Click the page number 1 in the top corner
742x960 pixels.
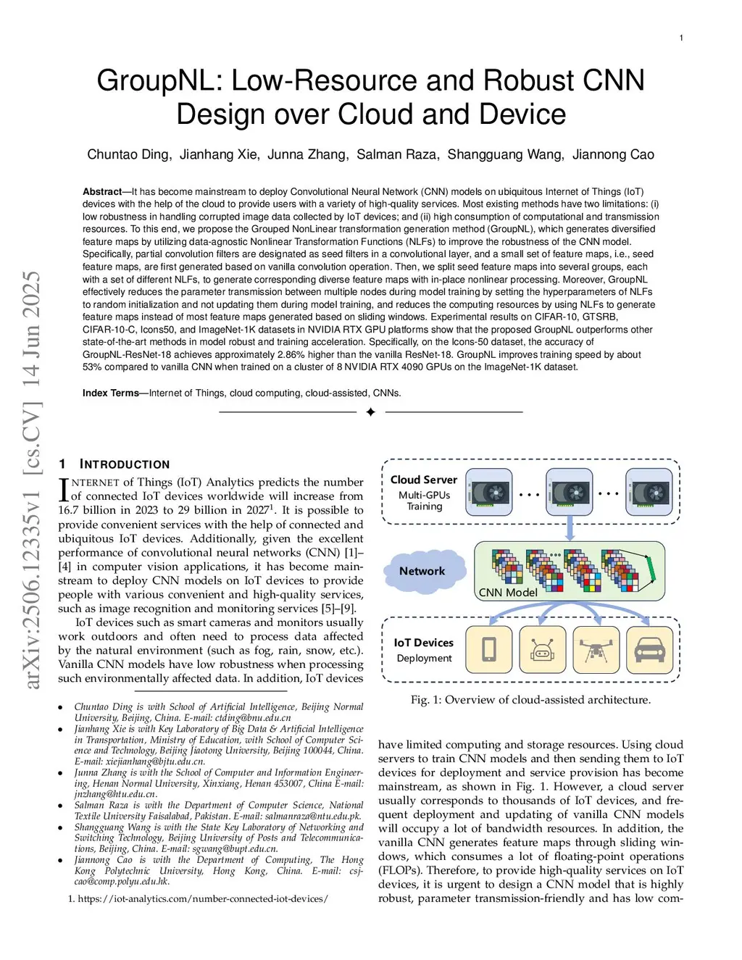click(x=680, y=38)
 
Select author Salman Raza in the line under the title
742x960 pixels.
click(x=396, y=154)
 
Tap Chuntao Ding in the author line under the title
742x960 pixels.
click(x=128, y=154)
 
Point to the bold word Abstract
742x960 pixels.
click(x=102, y=192)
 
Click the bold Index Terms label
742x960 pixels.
click(x=110, y=393)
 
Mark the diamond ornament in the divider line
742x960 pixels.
click(x=370, y=412)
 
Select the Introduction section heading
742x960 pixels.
click(x=125, y=464)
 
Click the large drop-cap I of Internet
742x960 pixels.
click(x=64, y=490)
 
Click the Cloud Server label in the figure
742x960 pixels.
click(x=424, y=480)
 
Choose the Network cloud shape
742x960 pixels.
click(x=422, y=571)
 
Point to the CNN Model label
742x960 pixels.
click(x=508, y=592)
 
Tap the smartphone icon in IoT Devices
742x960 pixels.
click(x=488, y=649)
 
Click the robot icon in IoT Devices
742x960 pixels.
click(x=543, y=649)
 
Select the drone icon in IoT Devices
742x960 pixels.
click(x=596, y=649)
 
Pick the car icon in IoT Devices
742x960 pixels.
click(x=649, y=649)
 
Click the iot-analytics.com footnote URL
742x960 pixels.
click(x=203, y=898)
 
